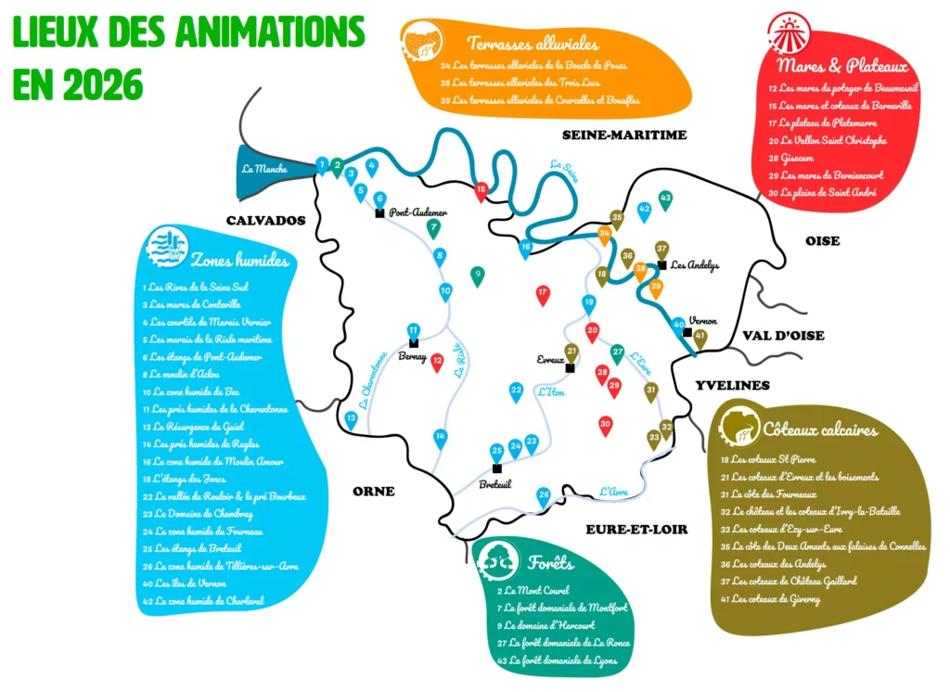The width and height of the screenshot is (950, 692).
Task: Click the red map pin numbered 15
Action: coord(481,191)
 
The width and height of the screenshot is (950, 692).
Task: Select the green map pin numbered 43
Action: coord(665,199)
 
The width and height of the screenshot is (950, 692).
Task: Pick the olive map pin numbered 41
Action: coord(700,338)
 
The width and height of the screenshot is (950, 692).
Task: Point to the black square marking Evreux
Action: coord(571,368)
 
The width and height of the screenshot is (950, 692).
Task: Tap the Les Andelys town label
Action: coord(695,264)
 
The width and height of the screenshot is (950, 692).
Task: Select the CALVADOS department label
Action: coord(265,221)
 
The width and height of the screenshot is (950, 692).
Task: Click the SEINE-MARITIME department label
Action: coord(624,135)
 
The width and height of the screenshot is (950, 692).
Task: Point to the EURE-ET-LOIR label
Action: coord(636,529)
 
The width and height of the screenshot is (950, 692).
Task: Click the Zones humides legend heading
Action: coord(239,261)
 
